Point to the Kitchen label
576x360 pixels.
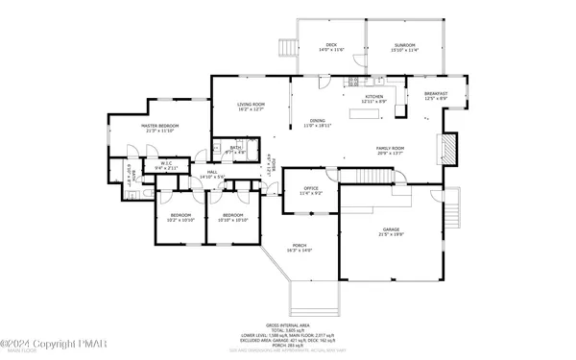coord(373,98)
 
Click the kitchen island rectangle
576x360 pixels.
coord(365,114)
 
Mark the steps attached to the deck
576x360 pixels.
coord(285,48)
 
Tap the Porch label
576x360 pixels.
coord(300,248)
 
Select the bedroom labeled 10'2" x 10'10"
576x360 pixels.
coord(181,217)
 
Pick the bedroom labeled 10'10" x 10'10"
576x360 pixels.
coord(233,217)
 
